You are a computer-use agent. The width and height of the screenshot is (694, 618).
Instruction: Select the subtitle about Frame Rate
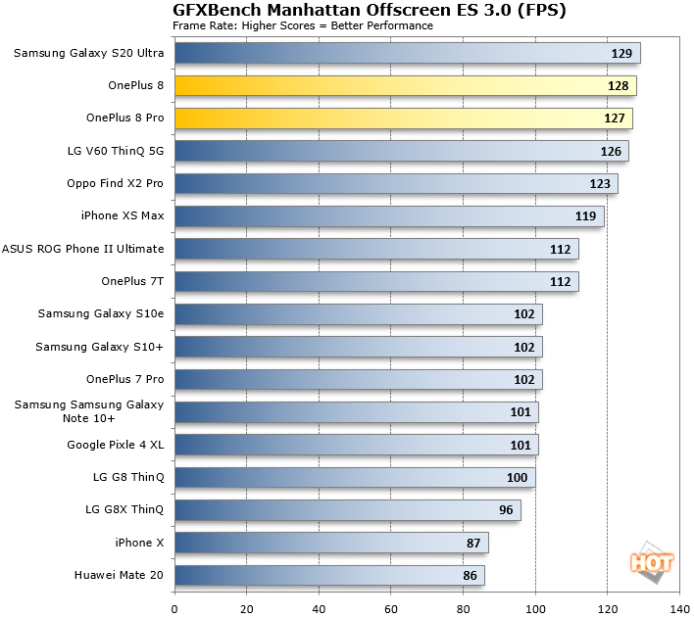(x=303, y=25)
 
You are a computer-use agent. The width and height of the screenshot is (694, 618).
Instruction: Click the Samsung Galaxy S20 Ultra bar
(x=407, y=53)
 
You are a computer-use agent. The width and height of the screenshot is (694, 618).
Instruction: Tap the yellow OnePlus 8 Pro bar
(x=403, y=119)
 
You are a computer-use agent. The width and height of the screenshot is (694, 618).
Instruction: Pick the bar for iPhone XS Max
(x=389, y=216)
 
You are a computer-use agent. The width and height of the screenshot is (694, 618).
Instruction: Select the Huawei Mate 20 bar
(x=329, y=576)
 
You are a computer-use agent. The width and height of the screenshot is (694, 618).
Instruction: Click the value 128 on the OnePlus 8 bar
(x=618, y=86)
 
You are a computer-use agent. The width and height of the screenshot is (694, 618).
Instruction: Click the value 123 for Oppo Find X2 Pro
(x=600, y=184)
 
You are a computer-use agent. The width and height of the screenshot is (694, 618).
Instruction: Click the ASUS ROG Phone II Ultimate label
(x=83, y=249)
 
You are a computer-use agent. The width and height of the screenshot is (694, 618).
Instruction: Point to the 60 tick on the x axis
(x=390, y=607)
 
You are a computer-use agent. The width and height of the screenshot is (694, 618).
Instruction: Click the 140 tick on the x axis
(x=678, y=607)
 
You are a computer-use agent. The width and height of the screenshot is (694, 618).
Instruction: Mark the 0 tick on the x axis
(x=174, y=607)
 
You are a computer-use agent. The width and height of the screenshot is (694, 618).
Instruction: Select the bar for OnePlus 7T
(x=376, y=282)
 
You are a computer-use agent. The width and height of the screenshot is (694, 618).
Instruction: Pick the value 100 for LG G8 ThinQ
(x=517, y=478)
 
